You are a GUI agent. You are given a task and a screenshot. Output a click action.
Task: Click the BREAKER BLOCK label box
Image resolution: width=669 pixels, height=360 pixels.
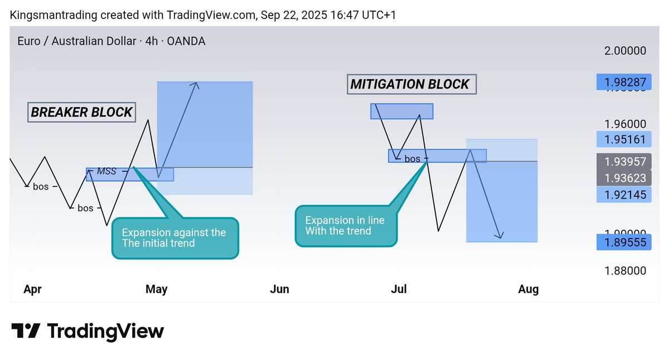pyautogui.click(x=81, y=112)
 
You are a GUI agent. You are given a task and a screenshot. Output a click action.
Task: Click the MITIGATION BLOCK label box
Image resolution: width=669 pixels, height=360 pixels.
pyautogui.click(x=410, y=84)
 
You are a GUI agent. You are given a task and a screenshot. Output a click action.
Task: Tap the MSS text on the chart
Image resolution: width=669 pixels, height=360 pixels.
pyautogui.click(x=106, y=171)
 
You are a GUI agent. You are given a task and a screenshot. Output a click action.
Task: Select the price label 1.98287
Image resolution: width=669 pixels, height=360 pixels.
pyautogui.click(x=623, y=82)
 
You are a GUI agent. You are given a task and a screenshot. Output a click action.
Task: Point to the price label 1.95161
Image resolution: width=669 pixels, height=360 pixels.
pyautogui.click(x=623, y=139)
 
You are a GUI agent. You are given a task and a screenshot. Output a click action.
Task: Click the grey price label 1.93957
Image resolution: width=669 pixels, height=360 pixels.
pyautogui.click(x=623, y=162)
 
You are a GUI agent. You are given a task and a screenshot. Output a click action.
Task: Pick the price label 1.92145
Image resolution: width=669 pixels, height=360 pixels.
pyautogui.click(x=623, y=194)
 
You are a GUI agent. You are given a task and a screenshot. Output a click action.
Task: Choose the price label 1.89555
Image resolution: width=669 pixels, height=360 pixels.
pyautogui.click(x=623, y=242)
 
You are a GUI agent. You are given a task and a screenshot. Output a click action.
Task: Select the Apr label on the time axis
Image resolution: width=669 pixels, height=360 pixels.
pyautogui.click(x=33, y=289)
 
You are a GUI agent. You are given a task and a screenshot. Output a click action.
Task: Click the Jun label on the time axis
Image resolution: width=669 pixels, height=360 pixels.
pyautogui.click(x=279, y=289)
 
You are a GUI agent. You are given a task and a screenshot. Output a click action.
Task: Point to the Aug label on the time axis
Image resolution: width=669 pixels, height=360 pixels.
pyautogui.click(x=528, y=289)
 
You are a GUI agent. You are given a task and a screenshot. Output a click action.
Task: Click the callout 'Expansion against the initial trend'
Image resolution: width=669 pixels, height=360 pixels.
pyautogui.click(x=175, y=238)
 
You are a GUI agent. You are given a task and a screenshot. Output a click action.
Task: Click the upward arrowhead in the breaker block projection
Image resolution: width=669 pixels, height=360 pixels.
pyautogui.click(x=195, y=85)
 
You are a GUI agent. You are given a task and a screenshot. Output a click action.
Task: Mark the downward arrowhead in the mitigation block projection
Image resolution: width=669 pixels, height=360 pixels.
pyautogui.click(x=501, y=236)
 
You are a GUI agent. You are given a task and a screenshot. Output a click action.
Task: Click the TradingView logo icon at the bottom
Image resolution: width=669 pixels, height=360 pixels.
pyautogui.click(x=26, y=331)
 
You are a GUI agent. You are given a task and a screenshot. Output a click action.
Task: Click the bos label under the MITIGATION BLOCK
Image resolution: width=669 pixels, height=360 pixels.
pyautogui.click(x=412, y=159)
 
